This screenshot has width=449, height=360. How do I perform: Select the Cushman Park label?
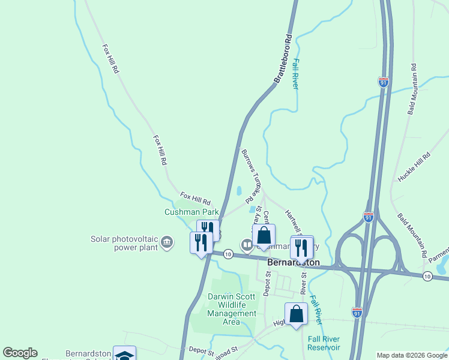[x=192, y=212]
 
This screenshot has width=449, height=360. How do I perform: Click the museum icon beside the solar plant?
[x=167, y=243]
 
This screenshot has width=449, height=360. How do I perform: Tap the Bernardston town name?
[x=294, y=263]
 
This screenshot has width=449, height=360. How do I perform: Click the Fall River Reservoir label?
[x=324, y=343]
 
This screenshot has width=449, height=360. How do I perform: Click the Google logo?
[x=20, y=353]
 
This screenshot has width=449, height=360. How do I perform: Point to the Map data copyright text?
[x=411, y=355]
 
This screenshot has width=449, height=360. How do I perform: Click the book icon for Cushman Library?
[x=247, y=244]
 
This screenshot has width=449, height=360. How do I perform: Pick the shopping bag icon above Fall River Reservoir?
[x=296, y=313]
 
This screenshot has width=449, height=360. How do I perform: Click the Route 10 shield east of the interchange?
[x=426, y=275]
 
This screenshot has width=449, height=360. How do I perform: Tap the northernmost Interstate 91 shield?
[x=383, y=81]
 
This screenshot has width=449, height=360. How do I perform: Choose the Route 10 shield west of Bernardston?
[x=228, y=254]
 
